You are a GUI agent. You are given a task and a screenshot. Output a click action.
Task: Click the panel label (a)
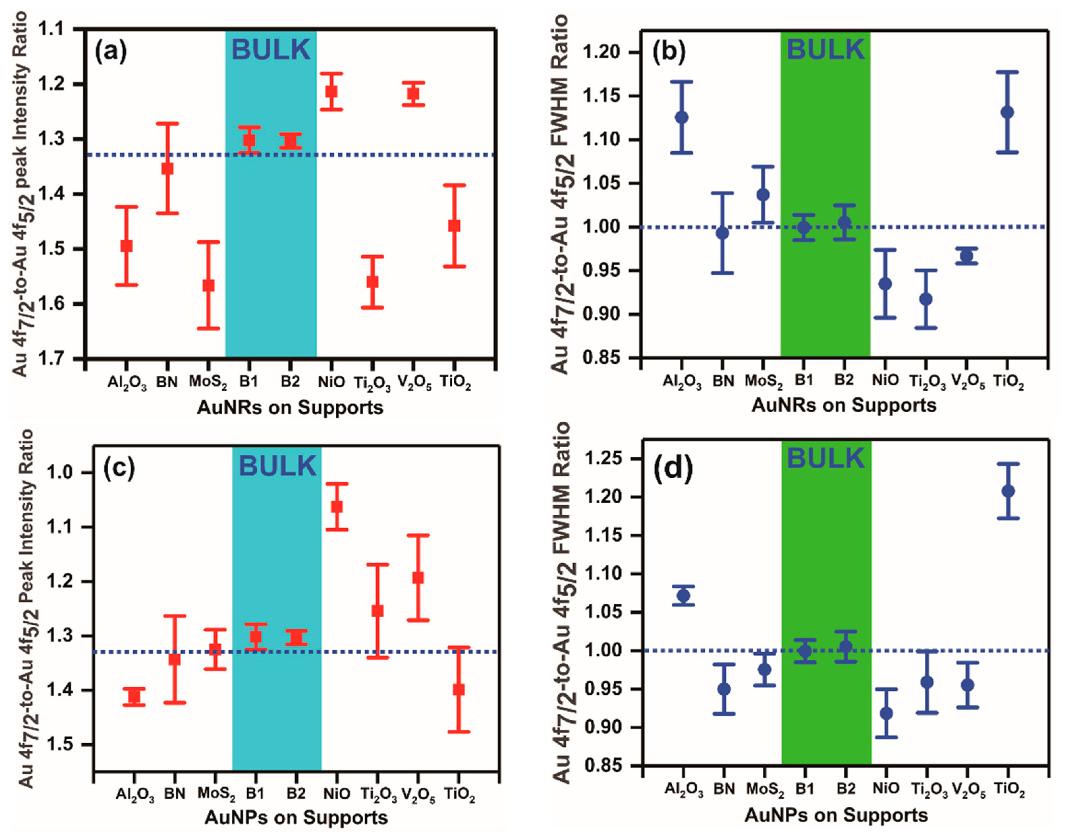click(111, 51)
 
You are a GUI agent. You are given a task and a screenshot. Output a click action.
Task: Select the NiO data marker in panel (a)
click(331, 91)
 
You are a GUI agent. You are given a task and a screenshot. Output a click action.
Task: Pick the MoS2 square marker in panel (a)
click(208, 285)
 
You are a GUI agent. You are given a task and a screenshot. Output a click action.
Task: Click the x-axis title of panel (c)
click(296, 817)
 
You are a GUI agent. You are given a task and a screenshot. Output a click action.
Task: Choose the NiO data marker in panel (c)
click(337, 506)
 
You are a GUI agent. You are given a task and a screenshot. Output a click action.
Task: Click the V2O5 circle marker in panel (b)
click(966, 256)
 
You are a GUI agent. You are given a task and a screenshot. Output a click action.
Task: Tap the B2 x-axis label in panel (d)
click(845, 788)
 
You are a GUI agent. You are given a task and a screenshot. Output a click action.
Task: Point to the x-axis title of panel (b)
click(844, 405)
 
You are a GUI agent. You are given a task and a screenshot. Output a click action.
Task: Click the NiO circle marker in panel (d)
click(886, 713)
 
